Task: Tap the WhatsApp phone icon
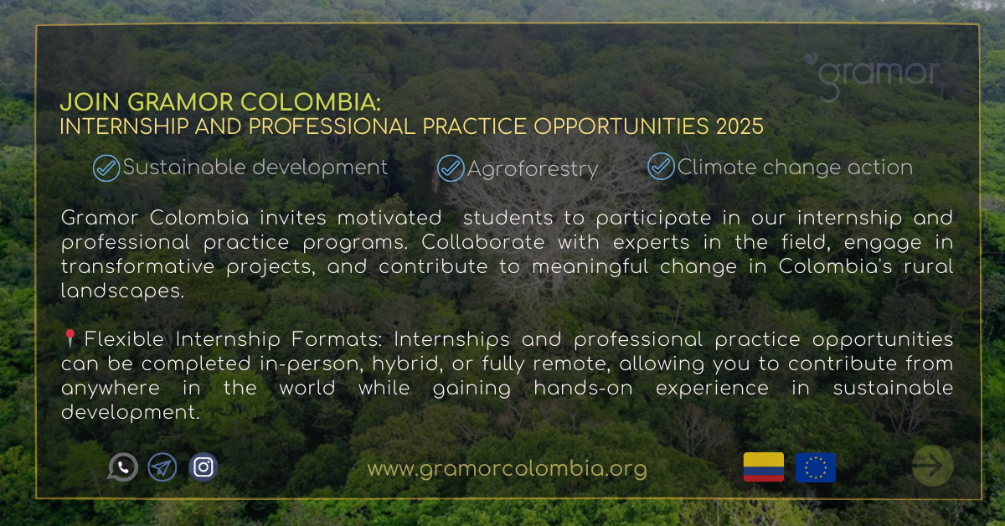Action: click(x=122, y=467)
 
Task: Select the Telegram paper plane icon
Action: click(x=162, y=467)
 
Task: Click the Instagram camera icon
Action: click(x=204, y=467)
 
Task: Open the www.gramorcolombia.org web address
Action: click(x=507, y=469)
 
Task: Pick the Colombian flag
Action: click(x=764, y=467)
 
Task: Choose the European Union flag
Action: click(x=816, y=467)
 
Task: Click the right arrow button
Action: click(x=933, y=466)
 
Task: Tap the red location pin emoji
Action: click(x=70, y=338)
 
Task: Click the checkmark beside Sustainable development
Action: click(x=106, y=168)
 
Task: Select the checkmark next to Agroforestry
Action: click(x=451, y=168)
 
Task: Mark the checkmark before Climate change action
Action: click(x=661, y=167)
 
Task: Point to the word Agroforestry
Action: click(x=533, y=170)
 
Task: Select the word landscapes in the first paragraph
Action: click(x=122, y=291)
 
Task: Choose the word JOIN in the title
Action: click(x=90, y=102)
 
